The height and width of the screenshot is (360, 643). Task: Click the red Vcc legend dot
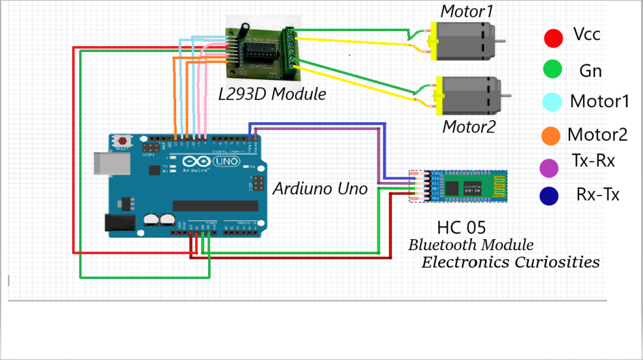553,38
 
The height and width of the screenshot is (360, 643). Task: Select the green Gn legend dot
553,69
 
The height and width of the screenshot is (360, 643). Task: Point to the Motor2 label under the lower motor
469,126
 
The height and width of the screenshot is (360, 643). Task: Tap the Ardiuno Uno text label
320,188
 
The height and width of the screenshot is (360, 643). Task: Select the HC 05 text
462,227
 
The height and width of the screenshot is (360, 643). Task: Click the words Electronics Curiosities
510,262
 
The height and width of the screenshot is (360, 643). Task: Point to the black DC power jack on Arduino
117,223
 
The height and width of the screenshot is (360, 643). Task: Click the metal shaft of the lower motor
506,96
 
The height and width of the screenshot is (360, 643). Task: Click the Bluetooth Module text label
471,245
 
